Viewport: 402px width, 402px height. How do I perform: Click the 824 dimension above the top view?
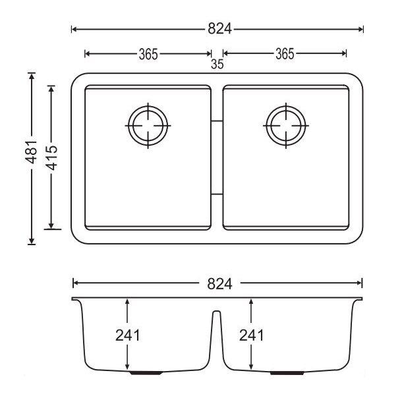[x=217, y=29]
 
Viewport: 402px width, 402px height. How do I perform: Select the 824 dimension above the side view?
[x=217, y=284]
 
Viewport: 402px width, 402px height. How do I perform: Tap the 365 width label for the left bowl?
[x=148, y=54]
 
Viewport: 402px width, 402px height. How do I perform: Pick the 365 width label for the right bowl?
[x=284, y=54]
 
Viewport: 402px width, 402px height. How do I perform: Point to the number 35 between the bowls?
[x=217, y=65]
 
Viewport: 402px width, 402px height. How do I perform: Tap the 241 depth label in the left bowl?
[x=128, y=335]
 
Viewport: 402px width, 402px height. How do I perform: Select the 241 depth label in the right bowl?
[x=251, y=335]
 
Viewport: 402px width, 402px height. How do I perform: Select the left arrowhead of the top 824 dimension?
[x=73, y=29]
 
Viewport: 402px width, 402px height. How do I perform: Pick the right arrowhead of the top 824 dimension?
[x=361, y=29]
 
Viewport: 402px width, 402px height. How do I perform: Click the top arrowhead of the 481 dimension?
[x=32, y=75]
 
